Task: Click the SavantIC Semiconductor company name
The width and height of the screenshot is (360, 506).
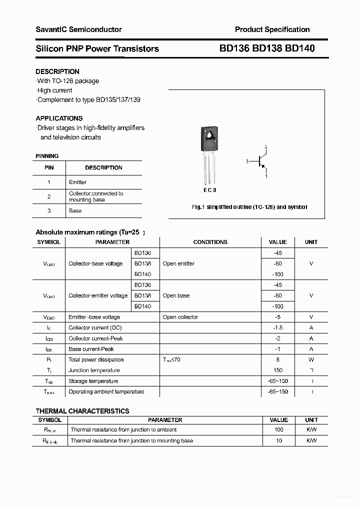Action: [x=78, y=29]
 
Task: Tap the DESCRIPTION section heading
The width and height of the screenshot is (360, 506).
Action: [x=57, y=71]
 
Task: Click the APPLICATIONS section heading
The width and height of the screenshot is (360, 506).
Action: [x=59, y=118]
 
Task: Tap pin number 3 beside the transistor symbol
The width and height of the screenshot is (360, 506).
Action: [x=247, y=161]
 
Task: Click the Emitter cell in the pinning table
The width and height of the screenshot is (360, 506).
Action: [x=77, y=182]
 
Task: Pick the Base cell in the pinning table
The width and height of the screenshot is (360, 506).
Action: [x=75, y=210]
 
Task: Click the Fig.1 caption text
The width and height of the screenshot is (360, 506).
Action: [x=249, y=207]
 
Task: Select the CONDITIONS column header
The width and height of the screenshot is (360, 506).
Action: [x=210, y=242]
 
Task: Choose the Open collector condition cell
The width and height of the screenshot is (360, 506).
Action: [x=180, y=317]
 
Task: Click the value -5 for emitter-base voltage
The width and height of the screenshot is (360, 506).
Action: [x=278, y=317]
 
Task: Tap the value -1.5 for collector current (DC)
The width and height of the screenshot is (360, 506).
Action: [x=278, y=327]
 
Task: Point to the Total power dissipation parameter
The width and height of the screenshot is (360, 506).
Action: [x=96, y=359]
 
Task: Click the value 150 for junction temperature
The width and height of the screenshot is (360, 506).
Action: [x=278, y=370]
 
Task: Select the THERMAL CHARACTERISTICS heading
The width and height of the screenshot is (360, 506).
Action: [x=82, y=411]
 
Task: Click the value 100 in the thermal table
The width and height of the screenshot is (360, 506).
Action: [x=279, y=429]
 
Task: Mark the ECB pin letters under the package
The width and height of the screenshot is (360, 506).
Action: [x=209, y=190]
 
